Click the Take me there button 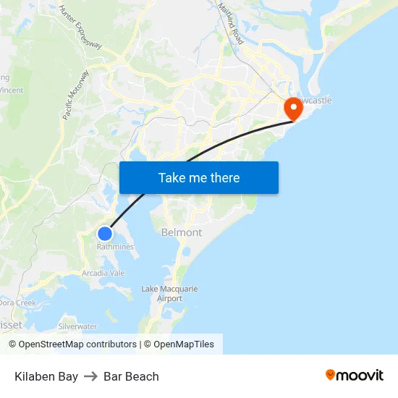198,177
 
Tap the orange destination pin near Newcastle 294,109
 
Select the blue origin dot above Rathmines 105,233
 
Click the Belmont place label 182,232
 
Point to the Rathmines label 115,247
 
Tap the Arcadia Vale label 103,273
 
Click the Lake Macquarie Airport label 169,294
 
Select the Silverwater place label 77,326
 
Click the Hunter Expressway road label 80,27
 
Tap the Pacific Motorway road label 75,95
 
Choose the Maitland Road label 231,23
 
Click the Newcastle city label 314,100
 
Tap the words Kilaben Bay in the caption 46,376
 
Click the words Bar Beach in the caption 131,376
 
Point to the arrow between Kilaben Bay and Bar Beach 90,376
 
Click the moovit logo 354,375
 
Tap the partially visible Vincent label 12,90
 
